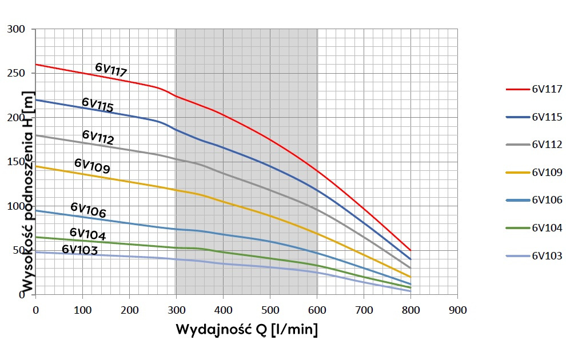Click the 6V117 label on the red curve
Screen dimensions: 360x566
click(x=111, y=70)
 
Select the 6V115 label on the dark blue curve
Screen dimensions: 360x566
click(x=97, y=105)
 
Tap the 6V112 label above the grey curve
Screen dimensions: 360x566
click(x=98, y=137)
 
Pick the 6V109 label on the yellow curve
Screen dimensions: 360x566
click(x=92, y=166)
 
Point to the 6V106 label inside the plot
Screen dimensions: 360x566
click(x=88, y=210)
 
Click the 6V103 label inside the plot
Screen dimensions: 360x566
click(x=79, y=250)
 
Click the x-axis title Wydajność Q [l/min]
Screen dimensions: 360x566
click(x=246, y=330)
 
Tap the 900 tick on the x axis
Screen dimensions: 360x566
click(x=458, y=310)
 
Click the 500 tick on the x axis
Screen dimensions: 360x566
click(x=270, y=310)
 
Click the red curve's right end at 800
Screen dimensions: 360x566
click(x=410, y=250)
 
